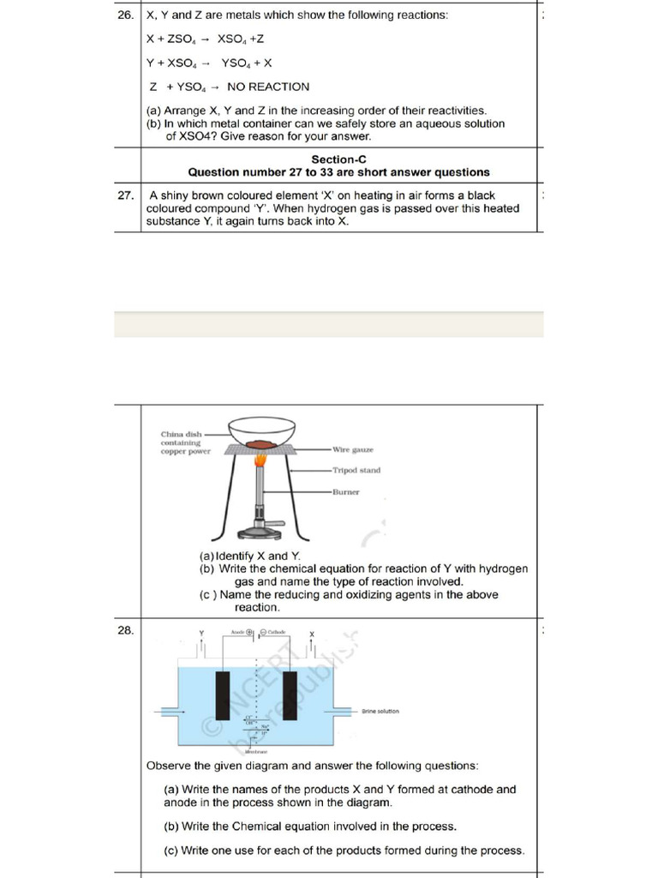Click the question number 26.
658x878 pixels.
tap(125, 15)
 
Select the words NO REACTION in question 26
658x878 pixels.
tap(268, 87)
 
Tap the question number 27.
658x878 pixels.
tap(125, 195)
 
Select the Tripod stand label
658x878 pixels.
tap(356, 470)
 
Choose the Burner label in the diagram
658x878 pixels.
tap(347, 492)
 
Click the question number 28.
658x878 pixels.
tap(125, 629)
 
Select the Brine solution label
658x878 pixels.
tap(380, 711)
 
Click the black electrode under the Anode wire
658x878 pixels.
tap(224, 696)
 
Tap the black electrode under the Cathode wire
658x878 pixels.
tap(290, 696)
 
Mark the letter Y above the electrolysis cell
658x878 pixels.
tap(202, 634)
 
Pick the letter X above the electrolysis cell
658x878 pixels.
tap(312, 634)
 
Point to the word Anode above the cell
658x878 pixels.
tap(236, 632)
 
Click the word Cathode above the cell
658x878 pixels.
tap(277, 632)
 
